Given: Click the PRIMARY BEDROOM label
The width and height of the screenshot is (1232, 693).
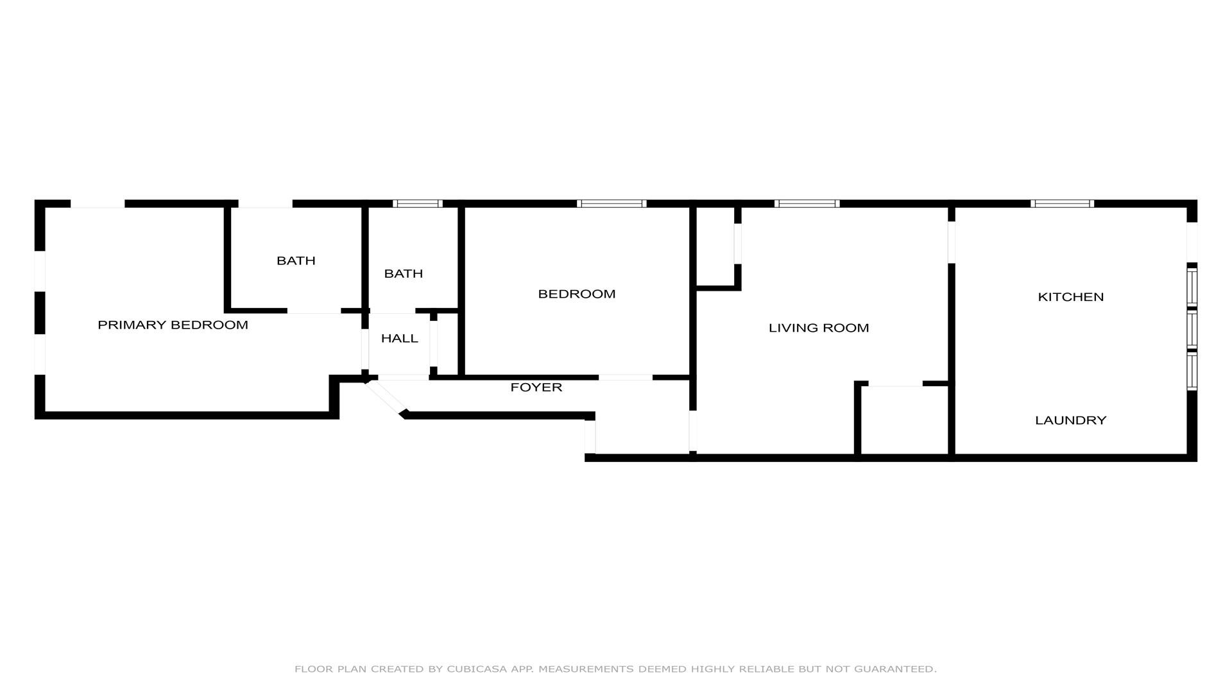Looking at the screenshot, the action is coord(173,325).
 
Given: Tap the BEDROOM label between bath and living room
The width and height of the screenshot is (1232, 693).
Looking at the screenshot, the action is coord(576,294).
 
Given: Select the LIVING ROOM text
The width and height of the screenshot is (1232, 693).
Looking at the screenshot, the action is coord(819,328).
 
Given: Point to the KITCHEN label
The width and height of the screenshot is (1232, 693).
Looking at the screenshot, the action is coord(1071,297).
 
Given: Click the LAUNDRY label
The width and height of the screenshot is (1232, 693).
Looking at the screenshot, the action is coord(1071,420).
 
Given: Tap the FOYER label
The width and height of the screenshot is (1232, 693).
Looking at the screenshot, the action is coord(536,388).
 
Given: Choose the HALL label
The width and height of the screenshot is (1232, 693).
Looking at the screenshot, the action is coord(400,338).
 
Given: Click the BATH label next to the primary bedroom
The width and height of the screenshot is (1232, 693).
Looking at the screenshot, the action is coord(296,261).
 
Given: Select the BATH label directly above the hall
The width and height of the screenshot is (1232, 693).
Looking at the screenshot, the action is coord(404,273).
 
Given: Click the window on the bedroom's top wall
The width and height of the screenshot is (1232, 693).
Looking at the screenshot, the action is coord(612,203).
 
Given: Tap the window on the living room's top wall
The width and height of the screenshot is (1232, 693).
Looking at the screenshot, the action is coord(807,203).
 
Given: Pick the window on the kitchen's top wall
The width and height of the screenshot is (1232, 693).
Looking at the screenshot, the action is coord(1063,203).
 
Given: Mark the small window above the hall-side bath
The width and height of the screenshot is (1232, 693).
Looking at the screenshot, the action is coord(418,203).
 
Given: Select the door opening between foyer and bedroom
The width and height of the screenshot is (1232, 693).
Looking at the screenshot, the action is coord(626,377).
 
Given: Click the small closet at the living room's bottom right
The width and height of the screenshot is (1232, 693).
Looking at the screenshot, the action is coord(904,420).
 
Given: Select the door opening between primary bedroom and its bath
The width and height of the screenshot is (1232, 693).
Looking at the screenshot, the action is coord(314,311).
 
